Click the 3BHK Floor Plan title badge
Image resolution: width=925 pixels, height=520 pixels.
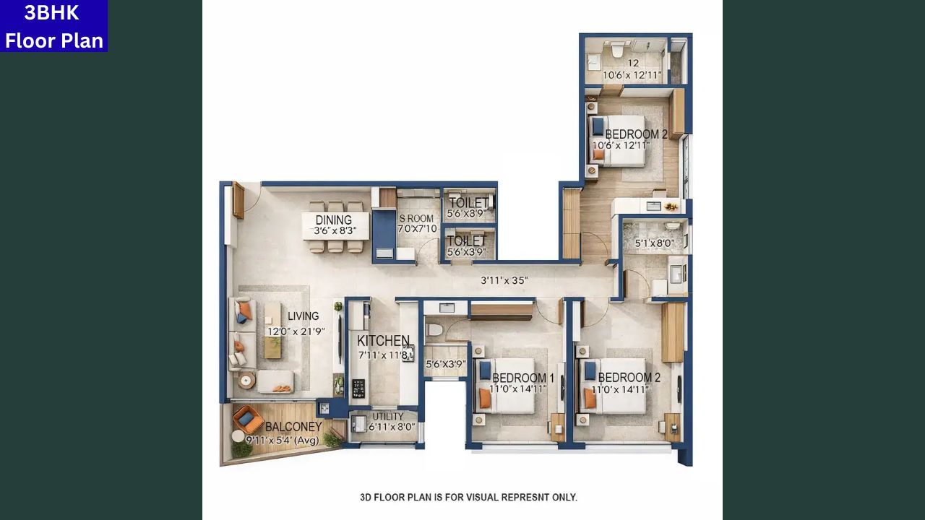(x=53, y=26)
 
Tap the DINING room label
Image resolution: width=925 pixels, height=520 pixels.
(x=333, y=220)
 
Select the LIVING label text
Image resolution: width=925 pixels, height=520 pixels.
(x=303, y=316)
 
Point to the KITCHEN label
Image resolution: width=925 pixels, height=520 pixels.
(x=383, y=341)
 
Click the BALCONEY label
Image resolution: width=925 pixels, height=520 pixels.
(x=293, y=427)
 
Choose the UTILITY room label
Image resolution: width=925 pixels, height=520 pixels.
(x=388, y=417)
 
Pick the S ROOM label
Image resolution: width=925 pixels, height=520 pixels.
(x=417, y=218)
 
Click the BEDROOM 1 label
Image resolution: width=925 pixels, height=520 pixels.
(x=523, y=378)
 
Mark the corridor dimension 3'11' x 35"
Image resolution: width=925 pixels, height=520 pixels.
(x=504, y=280)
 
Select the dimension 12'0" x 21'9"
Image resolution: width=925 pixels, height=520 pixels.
(x=296, y=331)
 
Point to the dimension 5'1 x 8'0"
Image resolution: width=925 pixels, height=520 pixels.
(x=653, y=244)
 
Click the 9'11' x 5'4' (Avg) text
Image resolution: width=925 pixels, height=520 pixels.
(x=282, y=440)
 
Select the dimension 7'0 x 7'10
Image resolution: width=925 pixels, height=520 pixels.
(x=417, y=229)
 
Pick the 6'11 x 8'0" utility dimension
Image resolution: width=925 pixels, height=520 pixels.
(x=392, y=428)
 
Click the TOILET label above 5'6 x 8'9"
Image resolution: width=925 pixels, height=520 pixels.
(x=468, y=203)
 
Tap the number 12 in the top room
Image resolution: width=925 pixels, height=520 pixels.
(x=633, y=64)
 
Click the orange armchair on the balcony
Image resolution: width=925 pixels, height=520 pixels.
(x=247, y=418)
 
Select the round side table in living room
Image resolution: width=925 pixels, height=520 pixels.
(x=246, y=381)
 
